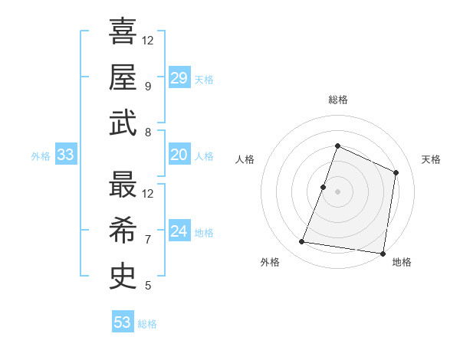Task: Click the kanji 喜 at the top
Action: (x=123, y=31)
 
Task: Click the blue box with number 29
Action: (x=179, y=78)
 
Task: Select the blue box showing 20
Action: (x=179, y=155)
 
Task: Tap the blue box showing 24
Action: (x=179, y=231)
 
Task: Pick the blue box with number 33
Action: (x=65, y=155)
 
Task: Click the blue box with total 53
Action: (x=122, y=322)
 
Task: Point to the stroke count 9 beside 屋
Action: (x=147, y=86)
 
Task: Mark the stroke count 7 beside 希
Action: (x=147, y=239)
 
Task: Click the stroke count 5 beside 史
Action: (x=147, y=286)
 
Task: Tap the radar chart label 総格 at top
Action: (x=337, y=100)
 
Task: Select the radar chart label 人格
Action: (x=245, y=159)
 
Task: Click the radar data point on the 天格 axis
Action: (x=396, y=172)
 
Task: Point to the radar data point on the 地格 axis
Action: (x=382, y=253)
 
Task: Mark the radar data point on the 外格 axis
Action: (x=302, y=242)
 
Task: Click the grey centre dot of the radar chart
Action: (x=337, y=191)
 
